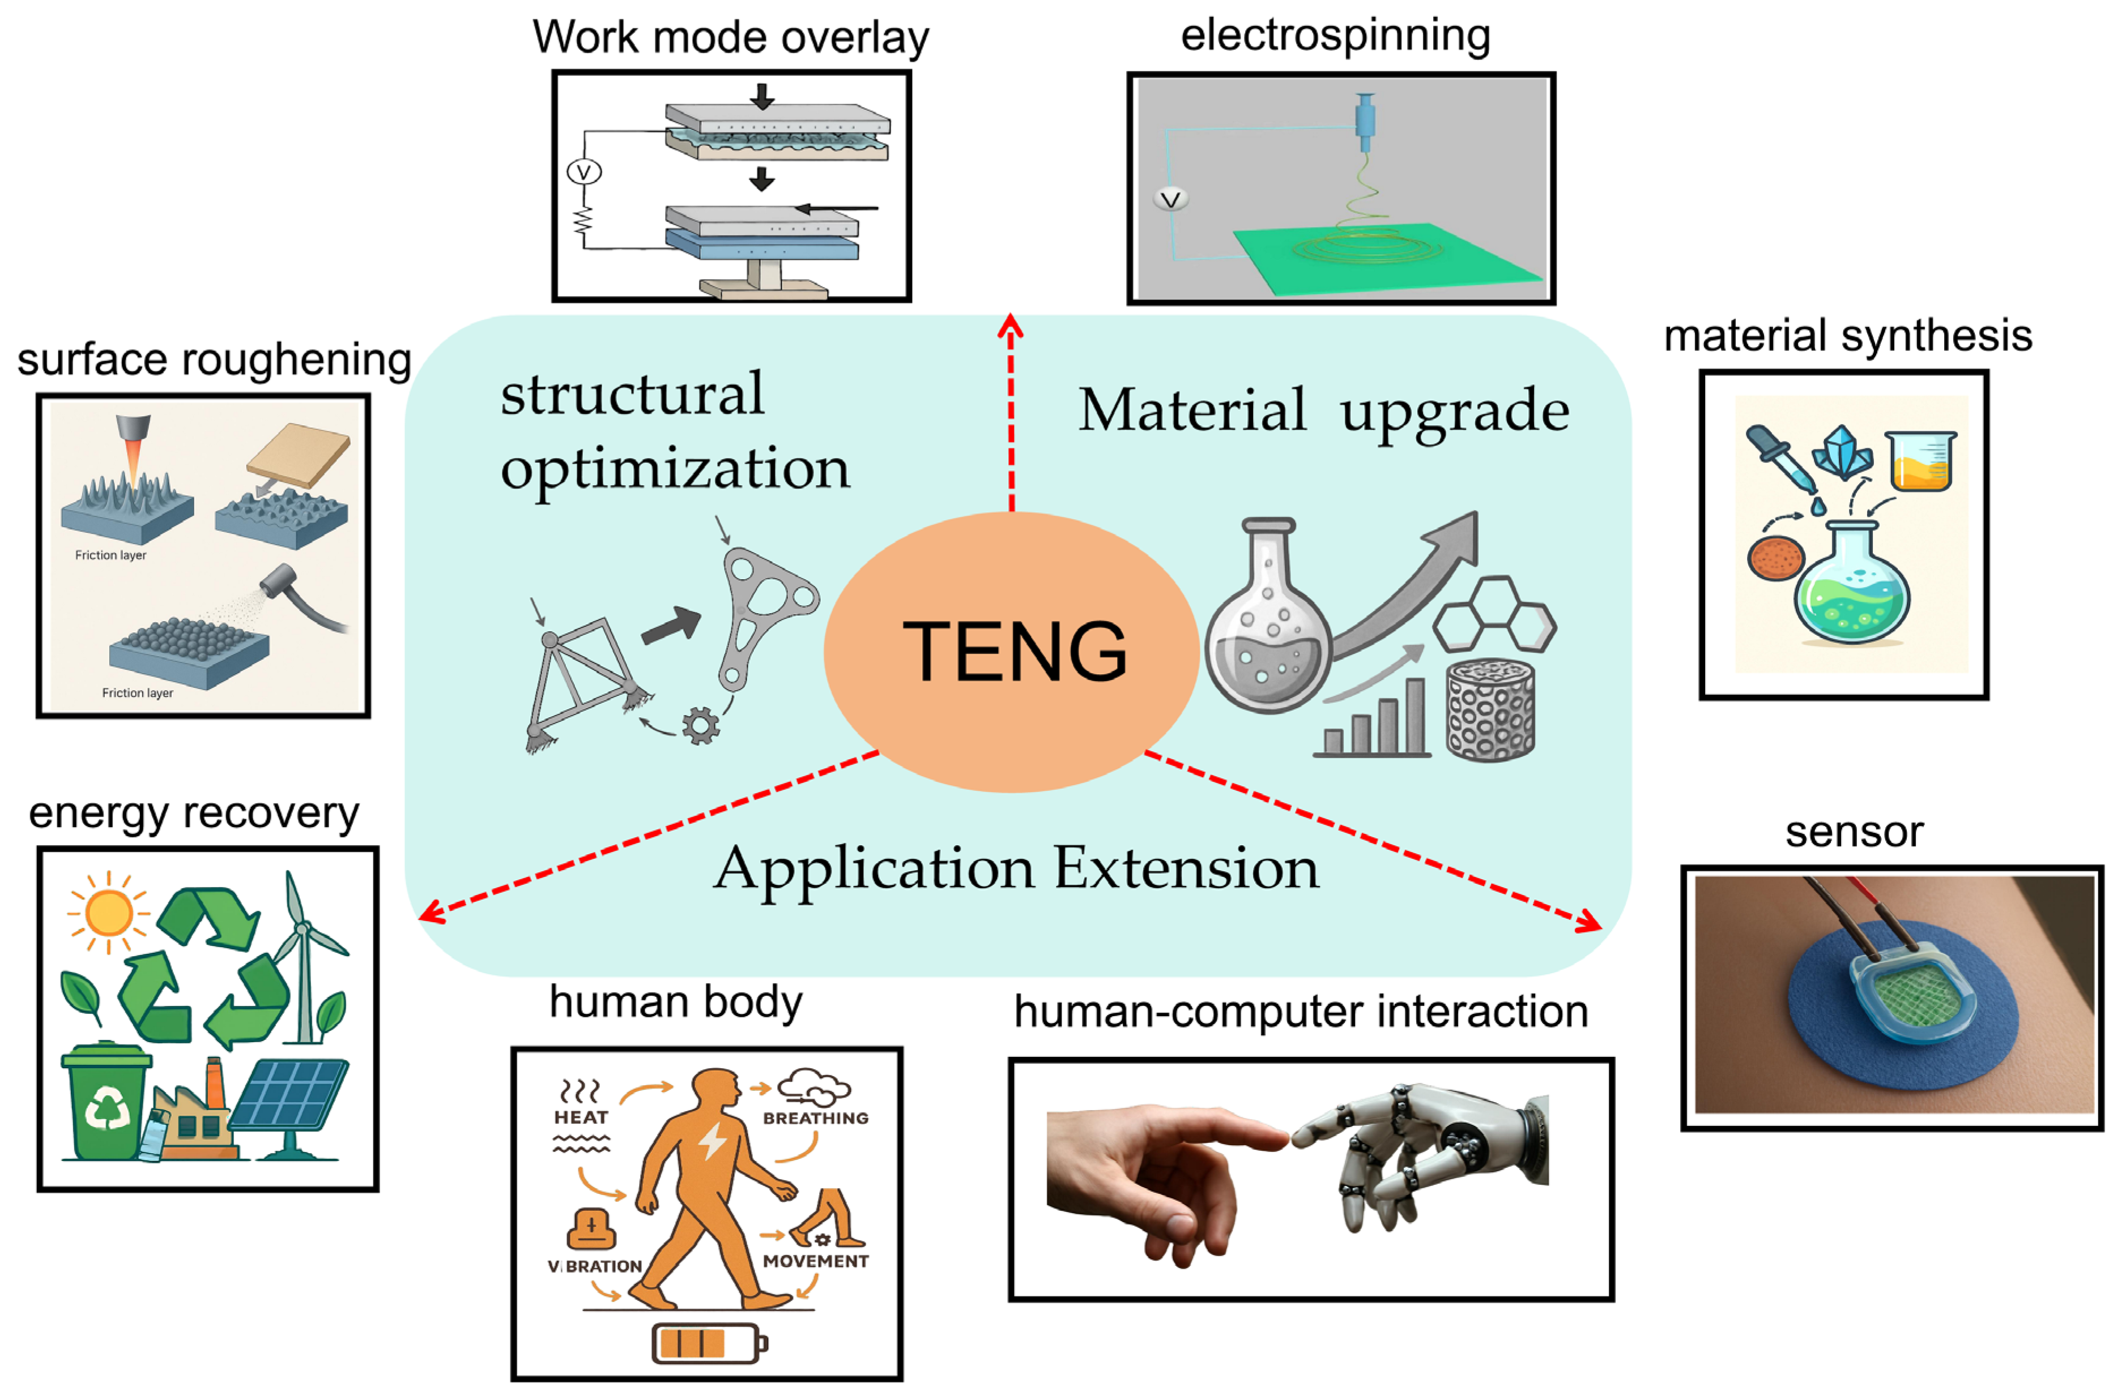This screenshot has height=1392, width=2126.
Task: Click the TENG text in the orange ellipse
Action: coord(1014,652)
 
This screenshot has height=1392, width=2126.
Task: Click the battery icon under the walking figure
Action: coord(708,1342)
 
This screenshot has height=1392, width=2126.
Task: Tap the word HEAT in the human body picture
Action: coord(581,1117)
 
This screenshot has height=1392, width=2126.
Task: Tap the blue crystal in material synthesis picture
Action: coord(1842,453)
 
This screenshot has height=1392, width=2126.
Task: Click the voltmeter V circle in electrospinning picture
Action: coord(1170,199)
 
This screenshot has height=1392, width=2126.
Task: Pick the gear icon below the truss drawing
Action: coord(700,725)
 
